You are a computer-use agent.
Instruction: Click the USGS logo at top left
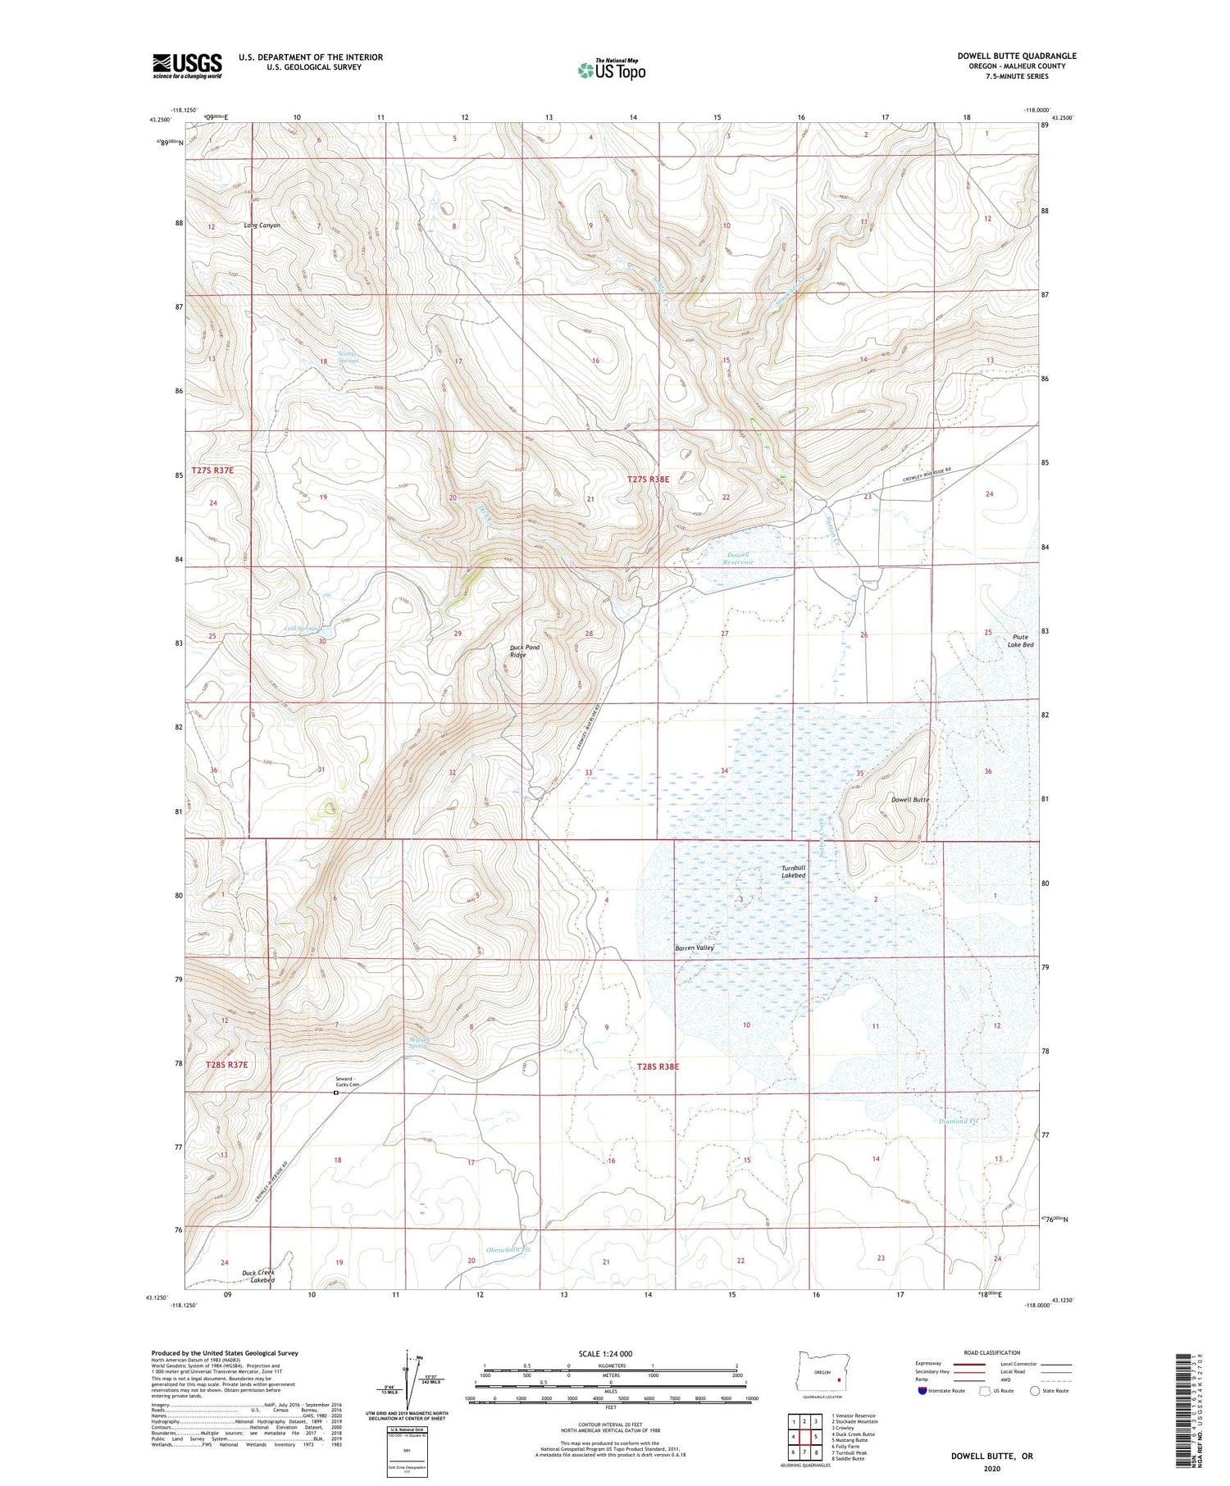click(187, 66)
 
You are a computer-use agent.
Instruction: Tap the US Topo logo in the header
click(611, 70)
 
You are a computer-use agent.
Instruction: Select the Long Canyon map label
click(262, 225)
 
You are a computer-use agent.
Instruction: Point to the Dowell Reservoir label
click(739, 559)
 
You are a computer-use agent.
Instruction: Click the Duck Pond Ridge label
click(525, 651)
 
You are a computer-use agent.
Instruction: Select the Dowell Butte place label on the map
click(909, 799)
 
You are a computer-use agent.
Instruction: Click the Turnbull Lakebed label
click(793, 871)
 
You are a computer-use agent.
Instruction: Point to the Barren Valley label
click(695, 947)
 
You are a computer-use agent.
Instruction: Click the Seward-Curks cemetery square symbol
click(335, 1093)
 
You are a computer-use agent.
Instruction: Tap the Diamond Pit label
click(959, 1120)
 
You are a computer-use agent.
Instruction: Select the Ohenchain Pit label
click(508, 1249)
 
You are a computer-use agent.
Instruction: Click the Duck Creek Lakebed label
click(258, 1276)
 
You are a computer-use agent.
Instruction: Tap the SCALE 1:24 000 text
click(604, 1353)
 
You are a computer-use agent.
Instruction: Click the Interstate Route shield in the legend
click(922, 1391)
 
